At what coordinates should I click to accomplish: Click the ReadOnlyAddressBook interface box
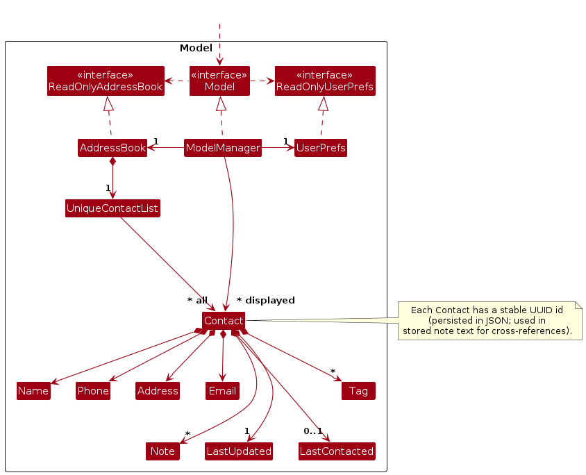pos(106,81)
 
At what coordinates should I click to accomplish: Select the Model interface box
pos(219,81)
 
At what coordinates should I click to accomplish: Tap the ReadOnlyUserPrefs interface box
pos(325,81)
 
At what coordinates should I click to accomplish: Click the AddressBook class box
pos(112,148)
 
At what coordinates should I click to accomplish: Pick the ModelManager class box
pos(223,148)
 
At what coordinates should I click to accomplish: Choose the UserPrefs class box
pos(320,148)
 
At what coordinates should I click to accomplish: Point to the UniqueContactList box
pos(112,208)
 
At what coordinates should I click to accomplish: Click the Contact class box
pos(224,321)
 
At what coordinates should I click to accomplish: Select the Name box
pos(33,391)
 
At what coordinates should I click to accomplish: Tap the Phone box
pos(93,391)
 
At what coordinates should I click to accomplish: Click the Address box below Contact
pos(158,391)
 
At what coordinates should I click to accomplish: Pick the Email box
pos(222,391)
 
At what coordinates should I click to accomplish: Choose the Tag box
pos(358,391)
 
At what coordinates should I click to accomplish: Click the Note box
pos(162,451)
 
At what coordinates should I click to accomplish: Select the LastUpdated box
pos(239,451)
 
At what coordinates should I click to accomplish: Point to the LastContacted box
pos(337,451)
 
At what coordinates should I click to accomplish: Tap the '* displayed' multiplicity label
pos(266,301)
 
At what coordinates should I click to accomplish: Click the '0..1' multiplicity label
pos(313,431)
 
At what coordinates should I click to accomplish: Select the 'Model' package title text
pos(196,49)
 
